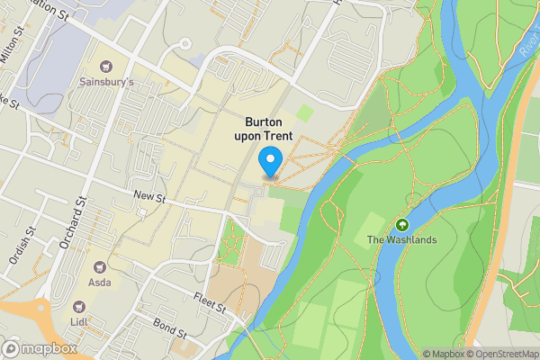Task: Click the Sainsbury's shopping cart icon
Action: [107, 66]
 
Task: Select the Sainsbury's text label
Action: [107, 82]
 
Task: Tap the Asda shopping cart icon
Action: [100, 267]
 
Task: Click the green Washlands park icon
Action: [400, 224]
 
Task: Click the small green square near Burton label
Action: [306, 113]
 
